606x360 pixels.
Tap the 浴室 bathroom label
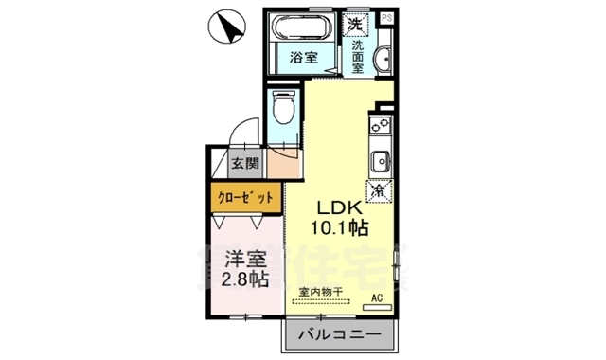pos(304,57)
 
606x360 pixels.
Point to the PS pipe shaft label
pos(386,18)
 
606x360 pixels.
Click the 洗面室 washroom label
pos(358,57)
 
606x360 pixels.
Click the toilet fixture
pos(282,112)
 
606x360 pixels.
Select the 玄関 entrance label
pos(245,163)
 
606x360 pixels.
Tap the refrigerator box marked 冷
pos(379,190)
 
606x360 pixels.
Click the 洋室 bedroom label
pos(243,258)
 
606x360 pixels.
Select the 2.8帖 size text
pos(243,279)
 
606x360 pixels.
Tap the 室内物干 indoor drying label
pos(320,292)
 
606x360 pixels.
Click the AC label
pos(376,298)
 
